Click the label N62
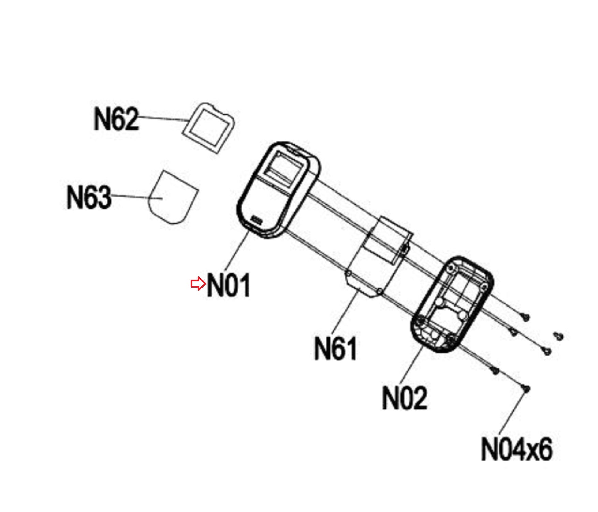point(116,118)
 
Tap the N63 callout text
point(89,197)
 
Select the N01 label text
point(229,285)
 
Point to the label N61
point(335,348)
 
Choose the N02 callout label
point(405,398)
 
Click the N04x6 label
point(516,449)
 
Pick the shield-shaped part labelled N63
point(173,197)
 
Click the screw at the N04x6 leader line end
point(526,389)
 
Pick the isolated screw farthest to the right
point(558,336)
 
